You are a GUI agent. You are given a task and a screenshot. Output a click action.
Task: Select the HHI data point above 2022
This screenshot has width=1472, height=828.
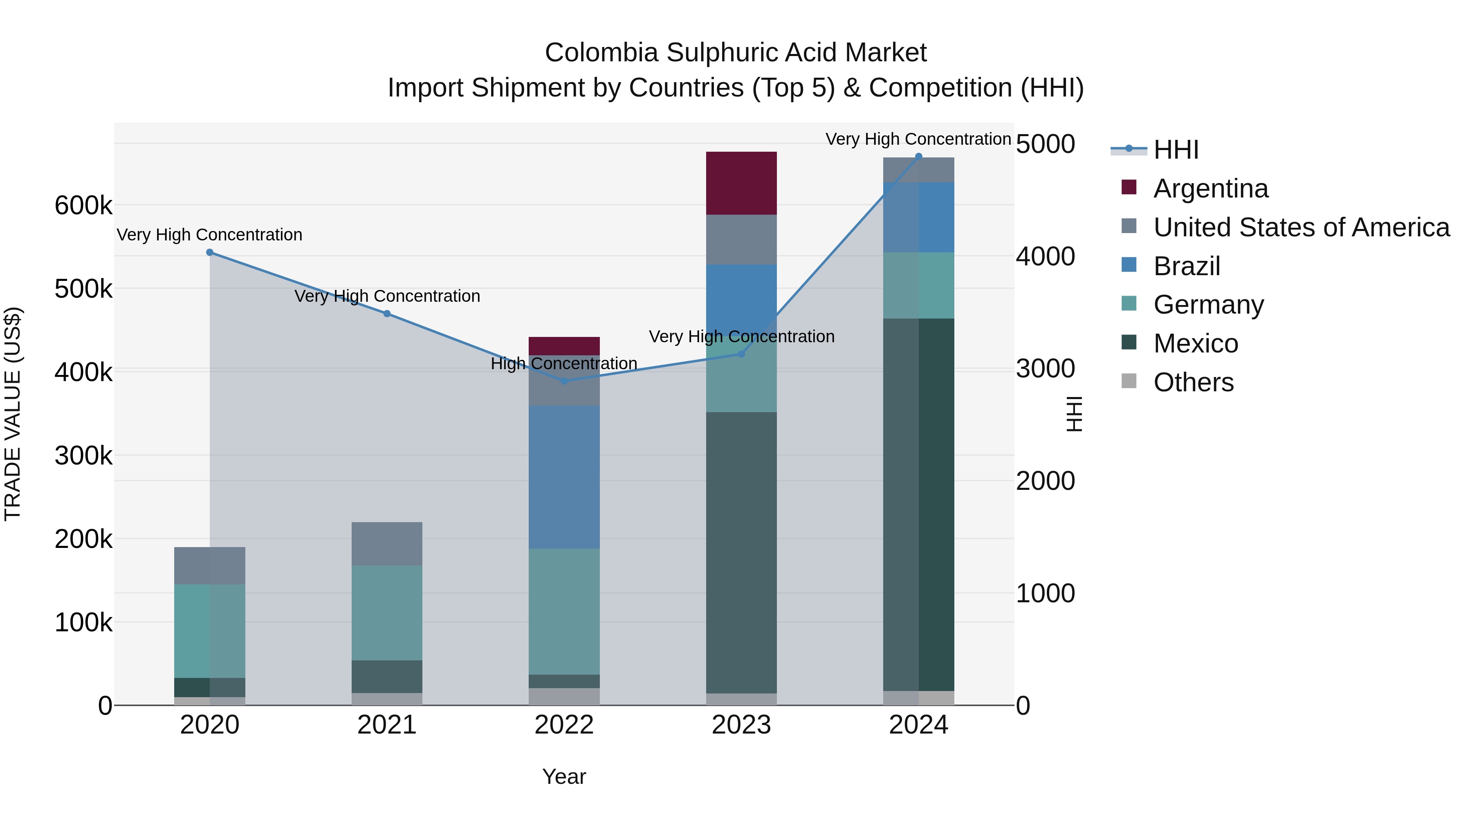coord(564,381)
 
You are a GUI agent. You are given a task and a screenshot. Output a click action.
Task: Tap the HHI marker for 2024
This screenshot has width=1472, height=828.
coord(919,157)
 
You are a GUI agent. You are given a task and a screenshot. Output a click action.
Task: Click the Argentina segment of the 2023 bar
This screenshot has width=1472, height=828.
coord(741,184)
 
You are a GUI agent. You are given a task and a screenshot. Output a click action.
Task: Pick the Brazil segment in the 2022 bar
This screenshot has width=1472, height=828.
coord(564,477)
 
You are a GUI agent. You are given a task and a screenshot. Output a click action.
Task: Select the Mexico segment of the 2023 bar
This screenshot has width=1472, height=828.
coord(741,552)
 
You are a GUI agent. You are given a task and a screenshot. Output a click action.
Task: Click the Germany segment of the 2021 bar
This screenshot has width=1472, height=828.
coord(387,613)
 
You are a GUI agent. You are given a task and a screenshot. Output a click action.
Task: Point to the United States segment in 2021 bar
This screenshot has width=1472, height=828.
coord(387,543)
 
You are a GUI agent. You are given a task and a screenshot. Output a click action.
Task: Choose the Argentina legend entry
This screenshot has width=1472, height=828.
coord(1210,188)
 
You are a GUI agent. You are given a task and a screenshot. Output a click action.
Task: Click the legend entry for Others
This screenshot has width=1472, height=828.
coord(1193,382)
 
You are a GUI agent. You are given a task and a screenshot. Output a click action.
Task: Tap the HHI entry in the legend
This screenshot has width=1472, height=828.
coord(1176,150)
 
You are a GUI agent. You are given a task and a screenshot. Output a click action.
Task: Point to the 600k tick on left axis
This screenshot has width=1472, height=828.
coord(83,205)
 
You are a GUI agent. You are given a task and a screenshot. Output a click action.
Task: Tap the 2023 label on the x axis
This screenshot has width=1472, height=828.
coord(741,725)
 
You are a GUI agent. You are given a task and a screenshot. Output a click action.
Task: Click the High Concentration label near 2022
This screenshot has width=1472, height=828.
coord(564,364)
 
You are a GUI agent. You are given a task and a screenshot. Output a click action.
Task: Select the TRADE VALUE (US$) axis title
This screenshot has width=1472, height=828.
coord(13,414)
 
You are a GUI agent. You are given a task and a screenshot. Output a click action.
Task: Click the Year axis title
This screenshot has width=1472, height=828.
coord(564,776)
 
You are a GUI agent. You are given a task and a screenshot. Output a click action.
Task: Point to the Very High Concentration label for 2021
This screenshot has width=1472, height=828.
coord(387,296)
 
